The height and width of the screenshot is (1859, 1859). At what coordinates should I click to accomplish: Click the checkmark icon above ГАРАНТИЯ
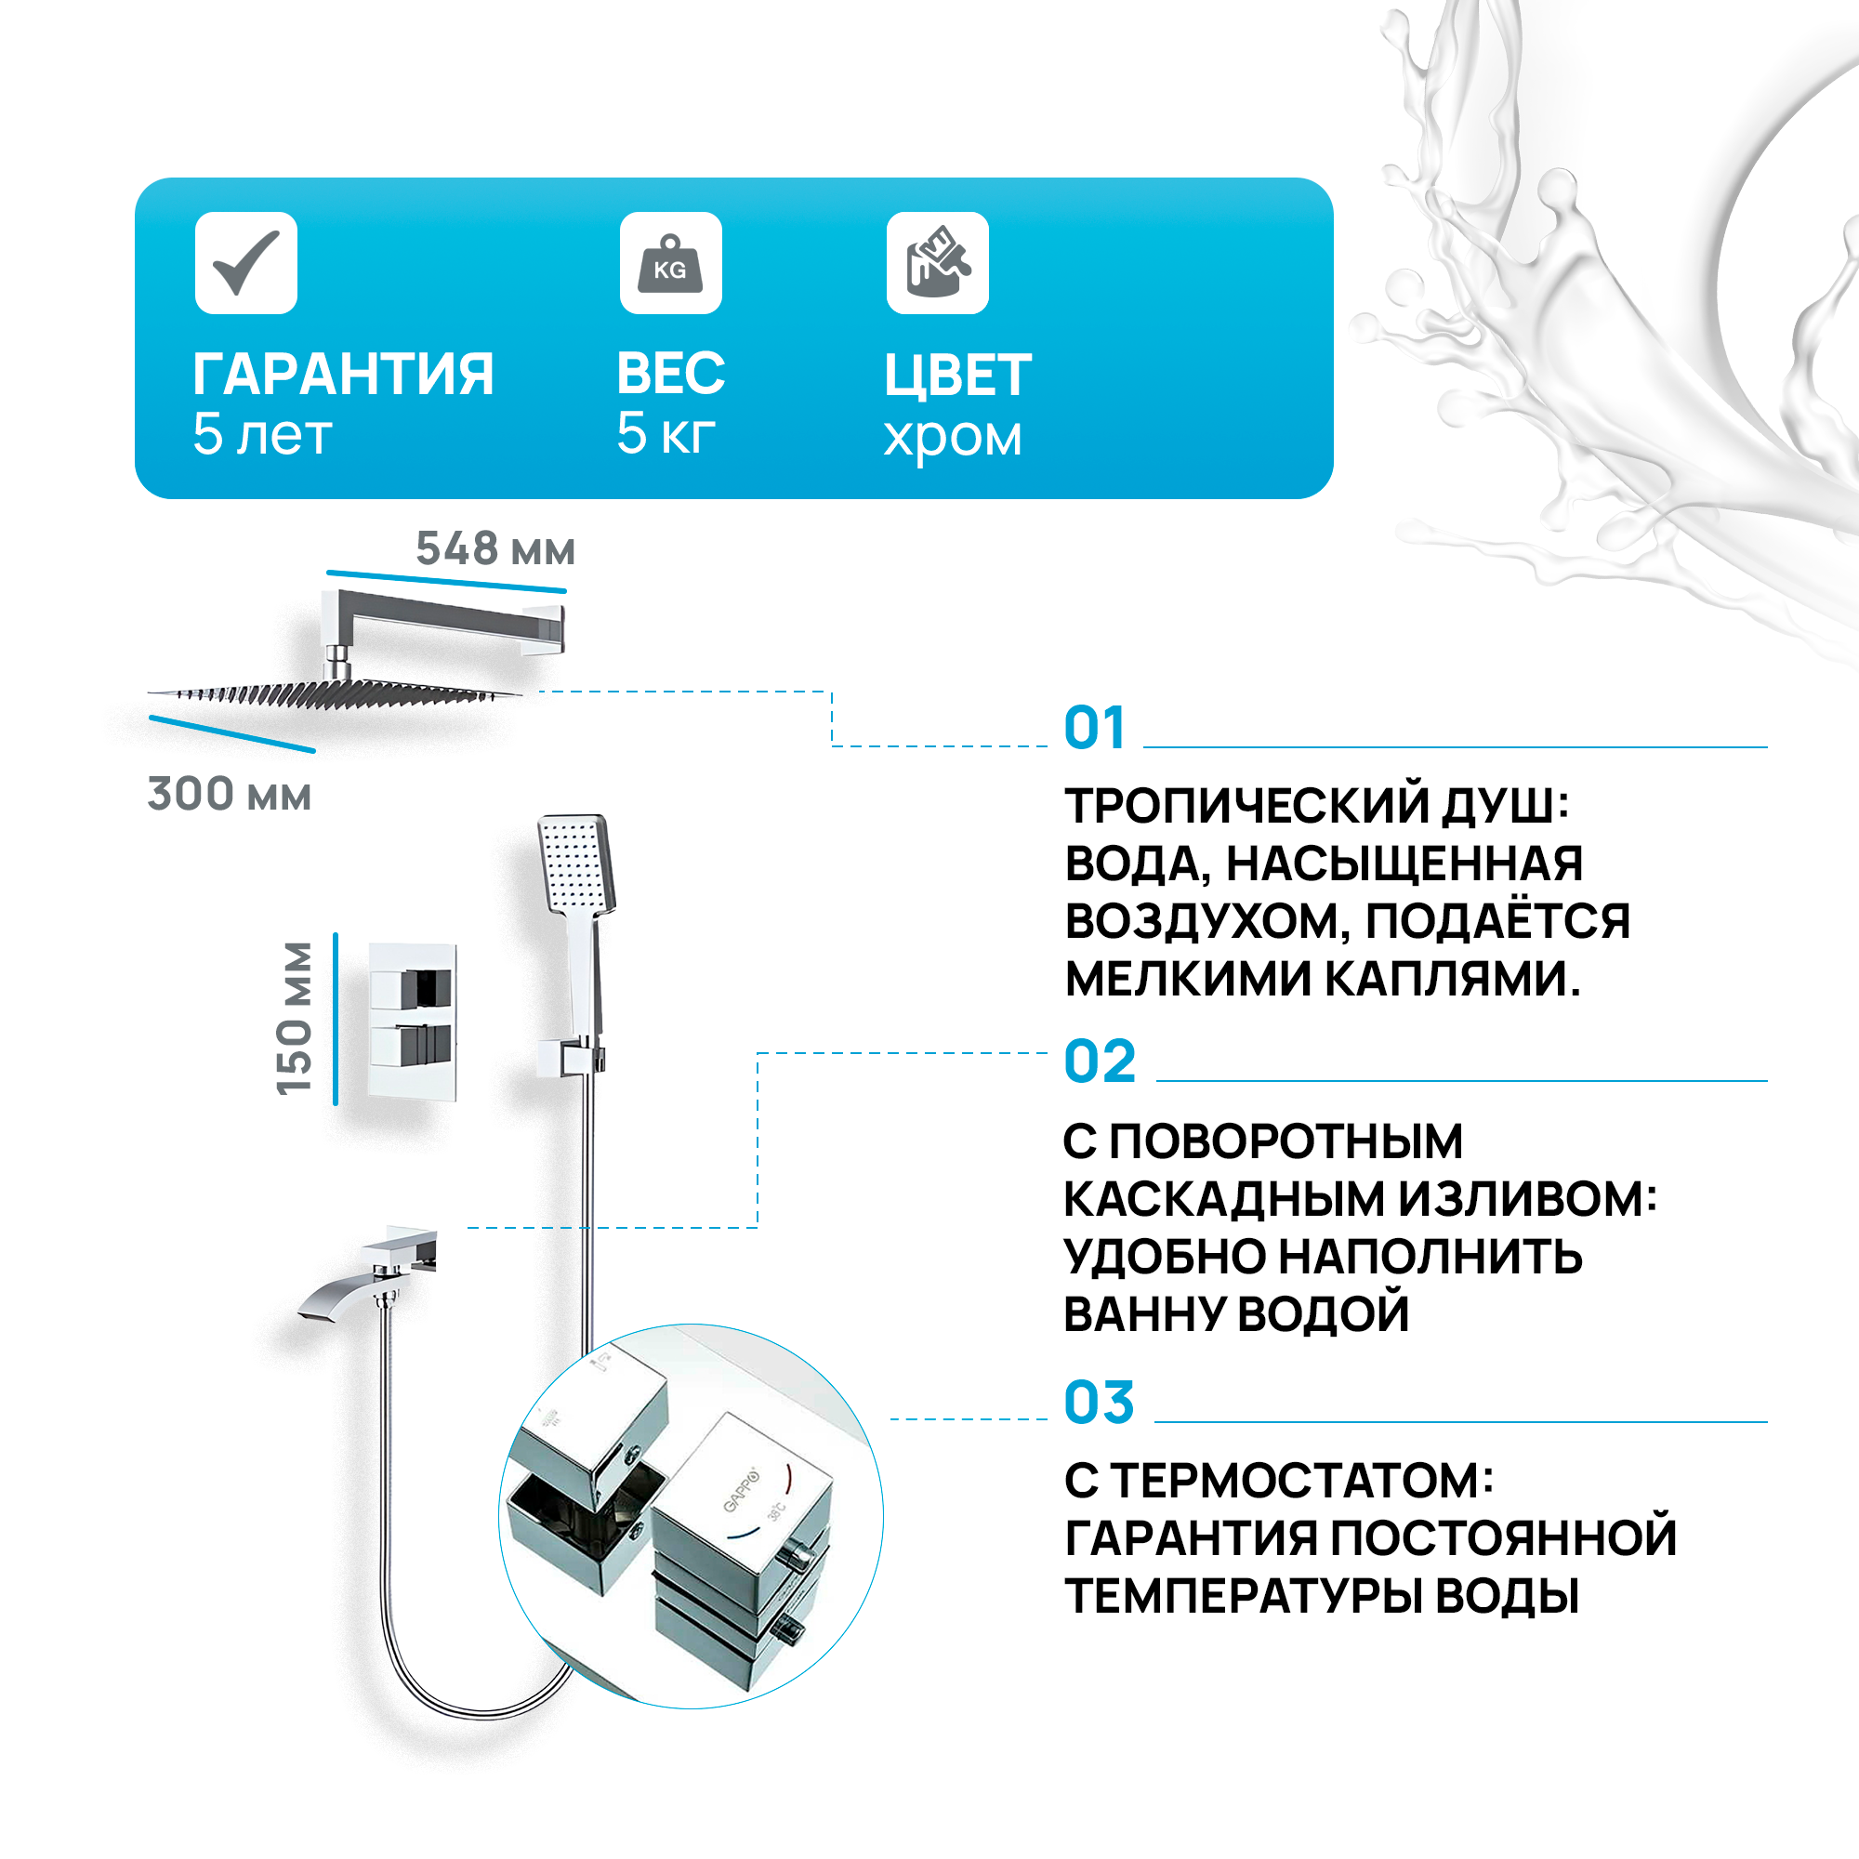click(246, 263)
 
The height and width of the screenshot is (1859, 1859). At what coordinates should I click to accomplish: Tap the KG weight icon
click(671, 263)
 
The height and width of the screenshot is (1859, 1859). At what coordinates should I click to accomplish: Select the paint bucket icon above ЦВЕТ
click(937, 263)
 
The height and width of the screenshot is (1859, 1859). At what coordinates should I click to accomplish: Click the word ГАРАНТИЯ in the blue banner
click(344, 375)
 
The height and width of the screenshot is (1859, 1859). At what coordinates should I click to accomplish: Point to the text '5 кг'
click(666, 433)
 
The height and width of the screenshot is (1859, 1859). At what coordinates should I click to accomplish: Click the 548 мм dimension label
click(495, 549)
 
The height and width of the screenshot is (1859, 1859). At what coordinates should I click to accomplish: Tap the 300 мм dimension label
click(229, 795)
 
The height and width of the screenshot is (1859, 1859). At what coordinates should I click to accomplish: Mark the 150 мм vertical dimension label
click(296, 1018)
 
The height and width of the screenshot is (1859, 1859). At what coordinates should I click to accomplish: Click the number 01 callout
click(1094, 729)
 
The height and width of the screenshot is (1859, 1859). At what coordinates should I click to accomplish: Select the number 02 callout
click(1100, 1062)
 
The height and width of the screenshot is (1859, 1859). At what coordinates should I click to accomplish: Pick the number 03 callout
click(1099, 1403)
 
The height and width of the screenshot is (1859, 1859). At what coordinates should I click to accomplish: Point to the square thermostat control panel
click(413, 1022)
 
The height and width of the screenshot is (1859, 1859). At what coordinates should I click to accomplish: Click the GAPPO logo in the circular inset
click(740, 1488)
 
